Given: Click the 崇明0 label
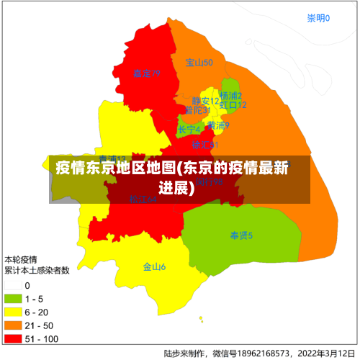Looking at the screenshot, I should tap(318, 18).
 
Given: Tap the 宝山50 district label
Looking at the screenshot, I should tap(199, 63).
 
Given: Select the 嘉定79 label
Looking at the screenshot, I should tap(146, 73).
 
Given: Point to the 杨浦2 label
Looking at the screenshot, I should tap(230, 95).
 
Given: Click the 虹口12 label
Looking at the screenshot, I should tap(233, 105).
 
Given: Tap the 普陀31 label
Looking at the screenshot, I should tap(197, 111).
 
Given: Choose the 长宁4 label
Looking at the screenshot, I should tap(189, 130).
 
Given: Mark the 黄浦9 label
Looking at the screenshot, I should tap(218, 125).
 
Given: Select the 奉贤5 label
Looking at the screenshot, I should tap(241, 235).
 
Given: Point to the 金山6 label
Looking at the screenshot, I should tap(154, 267).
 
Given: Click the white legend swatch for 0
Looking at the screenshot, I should tap(13, 286).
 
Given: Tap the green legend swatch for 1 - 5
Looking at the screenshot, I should tap(13, 299).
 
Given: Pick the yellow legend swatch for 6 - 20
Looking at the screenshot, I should tap(13, 312).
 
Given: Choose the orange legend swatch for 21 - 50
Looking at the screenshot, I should tap(13, 325).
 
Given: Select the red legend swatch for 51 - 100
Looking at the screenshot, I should tap(13, 338).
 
